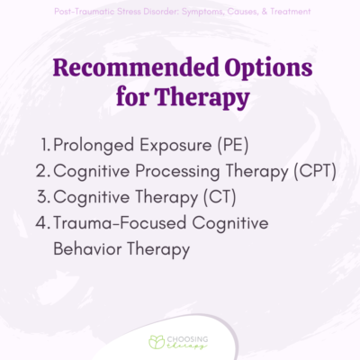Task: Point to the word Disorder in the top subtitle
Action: pos(155,11)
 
